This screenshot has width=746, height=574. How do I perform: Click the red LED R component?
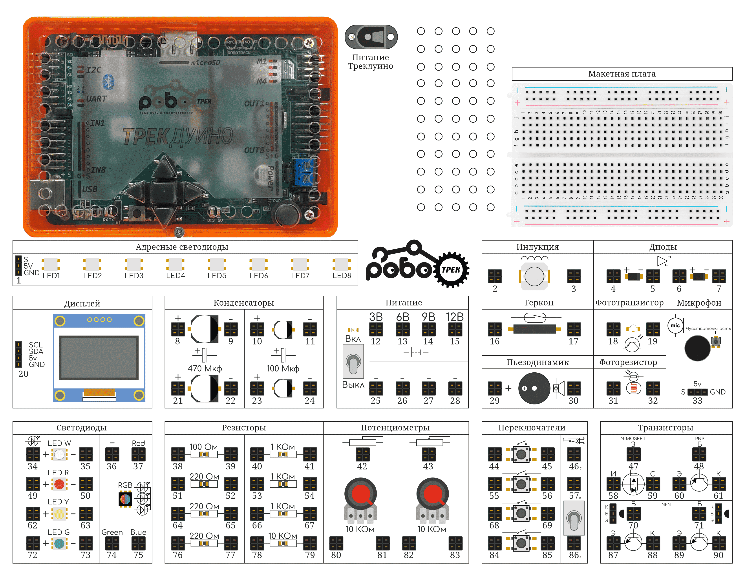tap(59, 484)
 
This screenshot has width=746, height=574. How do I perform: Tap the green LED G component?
tap(59, 543)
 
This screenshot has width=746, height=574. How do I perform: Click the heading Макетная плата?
tap(622, 74)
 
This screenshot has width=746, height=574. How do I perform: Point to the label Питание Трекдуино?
tap(371, 62)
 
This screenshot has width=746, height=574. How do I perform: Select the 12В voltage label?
tap(455, 317)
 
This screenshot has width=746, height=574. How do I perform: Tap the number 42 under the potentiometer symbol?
tap(362, 466)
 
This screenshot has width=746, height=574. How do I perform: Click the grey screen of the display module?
tap(99, 357)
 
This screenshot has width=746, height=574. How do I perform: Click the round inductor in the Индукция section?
tap(534, 276)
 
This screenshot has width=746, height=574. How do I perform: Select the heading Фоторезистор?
tap(628, 362)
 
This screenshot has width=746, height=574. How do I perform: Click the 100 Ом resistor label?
tap(204, 447)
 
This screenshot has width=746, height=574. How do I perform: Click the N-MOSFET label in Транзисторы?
tap(633, 438)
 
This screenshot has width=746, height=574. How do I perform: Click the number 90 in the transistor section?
tap(718, 555)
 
